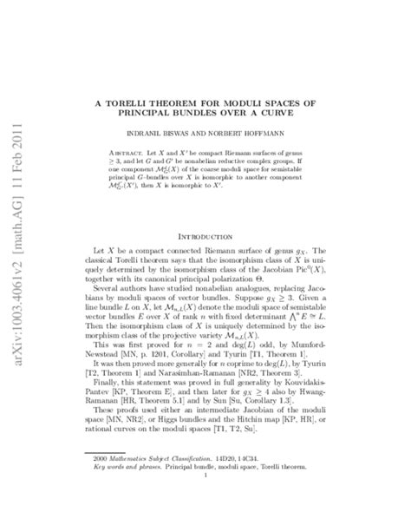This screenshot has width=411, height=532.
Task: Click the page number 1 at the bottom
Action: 205,489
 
